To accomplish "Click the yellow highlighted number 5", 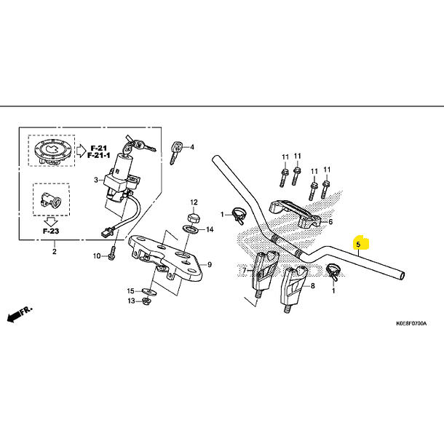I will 357,245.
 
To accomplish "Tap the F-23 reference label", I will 49,231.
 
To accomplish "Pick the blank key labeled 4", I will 175,152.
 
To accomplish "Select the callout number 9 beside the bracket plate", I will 209,264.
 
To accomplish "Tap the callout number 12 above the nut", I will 194,201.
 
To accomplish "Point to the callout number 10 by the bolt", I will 97,255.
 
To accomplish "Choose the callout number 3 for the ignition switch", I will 95,179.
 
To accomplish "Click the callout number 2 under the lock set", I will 53,252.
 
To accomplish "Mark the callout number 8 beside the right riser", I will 313,287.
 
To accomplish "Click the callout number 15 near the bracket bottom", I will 132,290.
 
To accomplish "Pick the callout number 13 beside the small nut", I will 132,301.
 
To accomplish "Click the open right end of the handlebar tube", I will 402,277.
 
